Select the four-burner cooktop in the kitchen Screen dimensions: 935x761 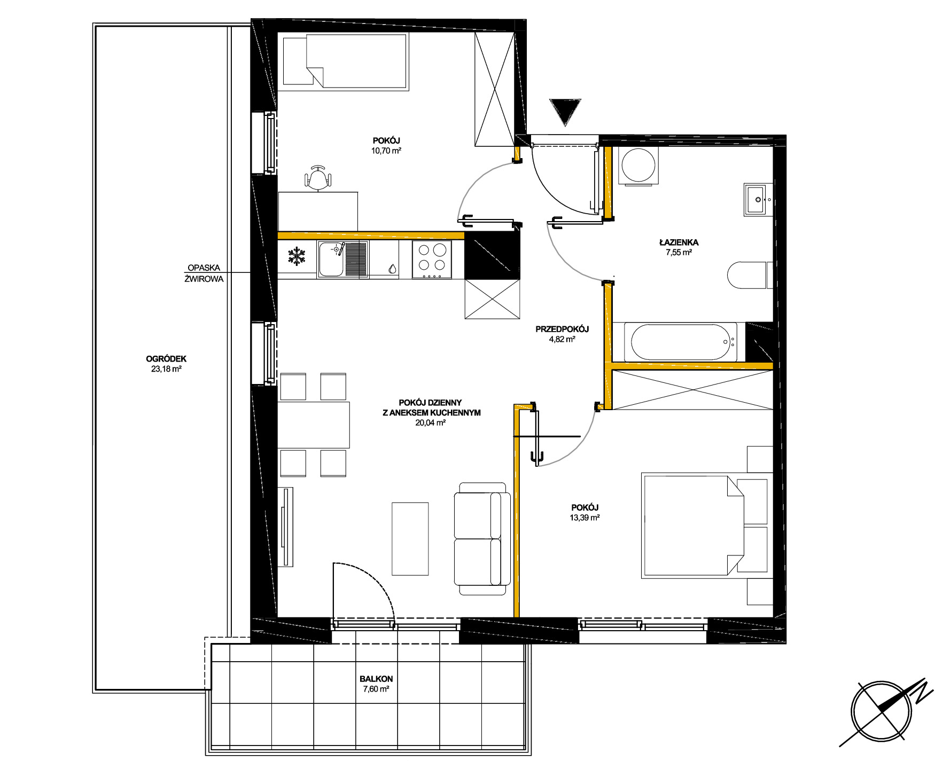click(432, 260)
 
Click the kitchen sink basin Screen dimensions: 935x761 click(331, 259)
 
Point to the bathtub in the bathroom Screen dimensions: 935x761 click(680, 342)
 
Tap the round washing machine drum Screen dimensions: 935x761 click(639, 165)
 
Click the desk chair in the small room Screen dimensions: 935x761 click(318, 178)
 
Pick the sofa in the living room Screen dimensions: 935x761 click(482, 538)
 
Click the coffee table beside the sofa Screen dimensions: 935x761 click(410, 538)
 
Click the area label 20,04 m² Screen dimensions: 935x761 click(431, 422)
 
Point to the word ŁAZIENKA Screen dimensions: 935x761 click(679, 242)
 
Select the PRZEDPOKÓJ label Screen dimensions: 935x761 click(562, 329)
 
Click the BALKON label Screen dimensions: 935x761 click(376, 679)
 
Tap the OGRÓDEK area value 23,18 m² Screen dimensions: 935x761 click(166, 368)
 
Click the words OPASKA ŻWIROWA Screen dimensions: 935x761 click(204, 273)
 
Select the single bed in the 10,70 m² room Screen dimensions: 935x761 click(346, 61)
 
